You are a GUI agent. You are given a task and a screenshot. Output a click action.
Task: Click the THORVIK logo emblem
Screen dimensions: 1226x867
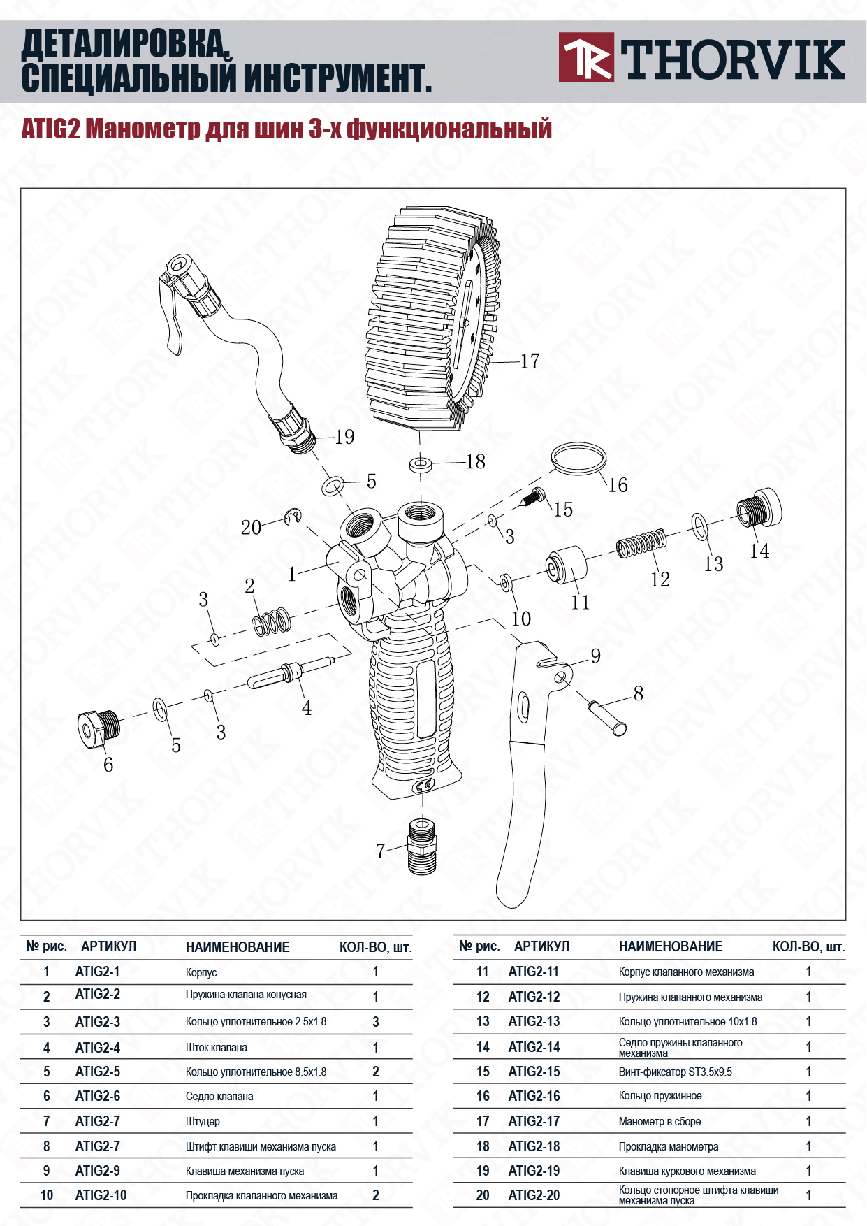coord(586,57)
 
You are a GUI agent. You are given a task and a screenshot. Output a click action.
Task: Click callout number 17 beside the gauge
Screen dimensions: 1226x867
coord(530,361)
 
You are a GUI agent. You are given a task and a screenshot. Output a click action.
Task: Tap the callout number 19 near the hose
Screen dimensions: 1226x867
coord(344,437)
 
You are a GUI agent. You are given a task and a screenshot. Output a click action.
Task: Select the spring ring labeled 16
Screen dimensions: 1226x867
coord(578,459)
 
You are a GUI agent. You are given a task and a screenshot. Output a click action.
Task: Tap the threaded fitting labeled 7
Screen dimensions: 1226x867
coord(421,846)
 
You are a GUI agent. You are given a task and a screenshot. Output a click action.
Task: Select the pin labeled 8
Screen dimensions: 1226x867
coord(608,716)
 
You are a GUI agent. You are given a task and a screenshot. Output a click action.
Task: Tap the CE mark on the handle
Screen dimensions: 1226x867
coord(424,786)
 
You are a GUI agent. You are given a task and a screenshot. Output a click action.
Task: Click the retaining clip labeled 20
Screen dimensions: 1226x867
coord(293,517)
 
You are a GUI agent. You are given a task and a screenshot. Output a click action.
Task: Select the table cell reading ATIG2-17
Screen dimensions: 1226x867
coord(534,1121)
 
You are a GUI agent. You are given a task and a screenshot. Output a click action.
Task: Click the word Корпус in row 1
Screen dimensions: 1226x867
coord(201,972)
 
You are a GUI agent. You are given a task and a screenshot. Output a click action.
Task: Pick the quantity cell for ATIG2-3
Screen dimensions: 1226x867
coord(375,1022)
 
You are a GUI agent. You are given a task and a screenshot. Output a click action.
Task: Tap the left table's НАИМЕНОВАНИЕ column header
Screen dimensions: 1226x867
coord(238,947)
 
